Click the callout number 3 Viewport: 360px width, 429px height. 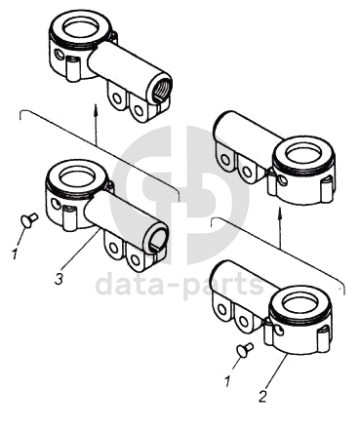59,279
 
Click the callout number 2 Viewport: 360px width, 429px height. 262,396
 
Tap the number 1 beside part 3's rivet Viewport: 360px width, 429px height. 14,253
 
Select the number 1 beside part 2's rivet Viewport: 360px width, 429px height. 227,381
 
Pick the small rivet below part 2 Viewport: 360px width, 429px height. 245,349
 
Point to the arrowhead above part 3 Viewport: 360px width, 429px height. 96,108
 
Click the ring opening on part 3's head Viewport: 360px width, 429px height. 78,176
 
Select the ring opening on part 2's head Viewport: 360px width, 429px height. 300,304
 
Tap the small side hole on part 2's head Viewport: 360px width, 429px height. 279,331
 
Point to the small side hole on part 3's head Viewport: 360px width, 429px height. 56,205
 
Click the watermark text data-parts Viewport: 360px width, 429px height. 180,283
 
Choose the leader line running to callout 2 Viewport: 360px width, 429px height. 277,370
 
